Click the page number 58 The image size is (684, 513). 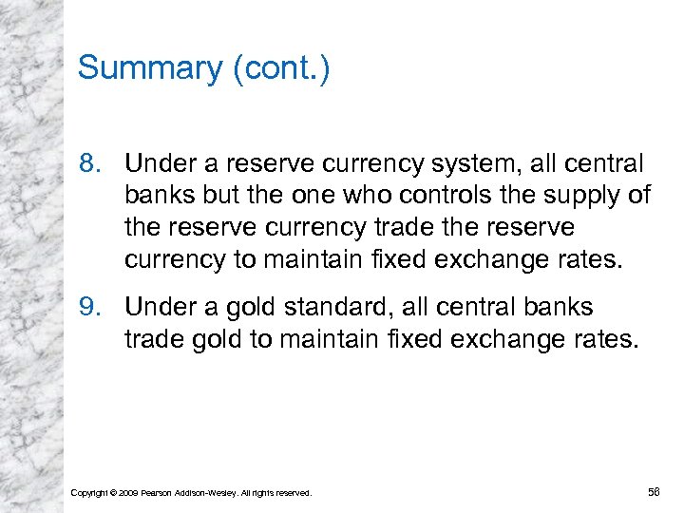click(x=654, y=491)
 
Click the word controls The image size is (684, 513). click(x=434, y=196)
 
